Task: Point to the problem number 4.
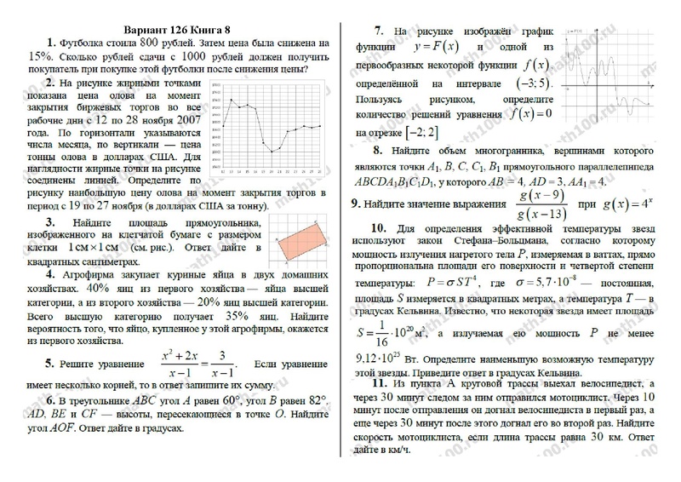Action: [x=51, y=276]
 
